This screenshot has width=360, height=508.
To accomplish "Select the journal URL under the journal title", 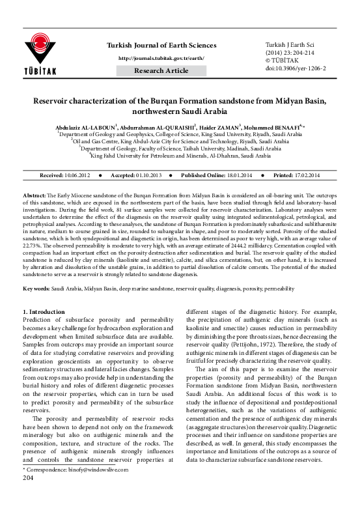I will coord(160,59).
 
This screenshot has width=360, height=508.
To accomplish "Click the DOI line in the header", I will coord(296,66).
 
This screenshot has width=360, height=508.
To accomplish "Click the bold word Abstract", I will coord(35,195).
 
